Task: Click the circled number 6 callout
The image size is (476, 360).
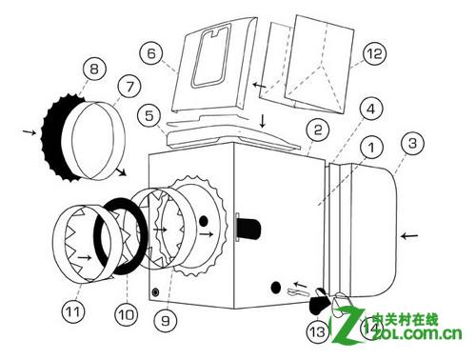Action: [151, 53]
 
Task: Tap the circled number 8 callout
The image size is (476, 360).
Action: [94, 69]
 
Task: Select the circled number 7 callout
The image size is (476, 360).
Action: [129, 87]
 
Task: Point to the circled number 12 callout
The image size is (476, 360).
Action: [374, 53]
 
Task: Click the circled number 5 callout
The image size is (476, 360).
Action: [149, 115]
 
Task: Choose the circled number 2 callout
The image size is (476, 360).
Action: [317, 130]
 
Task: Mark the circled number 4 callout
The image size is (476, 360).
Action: [371, 110]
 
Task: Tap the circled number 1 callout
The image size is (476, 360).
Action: [371, 147]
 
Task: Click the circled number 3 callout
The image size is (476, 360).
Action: [412, 143]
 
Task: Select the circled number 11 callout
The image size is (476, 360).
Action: [73, 311]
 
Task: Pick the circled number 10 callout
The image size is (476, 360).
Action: [127, 314]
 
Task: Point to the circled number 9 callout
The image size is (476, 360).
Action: [166, 320]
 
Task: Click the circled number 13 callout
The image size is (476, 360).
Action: [318, 331]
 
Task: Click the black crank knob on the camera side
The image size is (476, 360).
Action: [248, 229]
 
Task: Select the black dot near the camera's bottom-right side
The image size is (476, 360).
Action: [276, 288]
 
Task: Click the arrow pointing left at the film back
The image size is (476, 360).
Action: [409, 235]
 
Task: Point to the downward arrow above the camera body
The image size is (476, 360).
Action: [263, 121]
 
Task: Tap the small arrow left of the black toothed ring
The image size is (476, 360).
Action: [30, 131]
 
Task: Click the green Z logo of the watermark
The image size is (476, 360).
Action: [347, 326]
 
